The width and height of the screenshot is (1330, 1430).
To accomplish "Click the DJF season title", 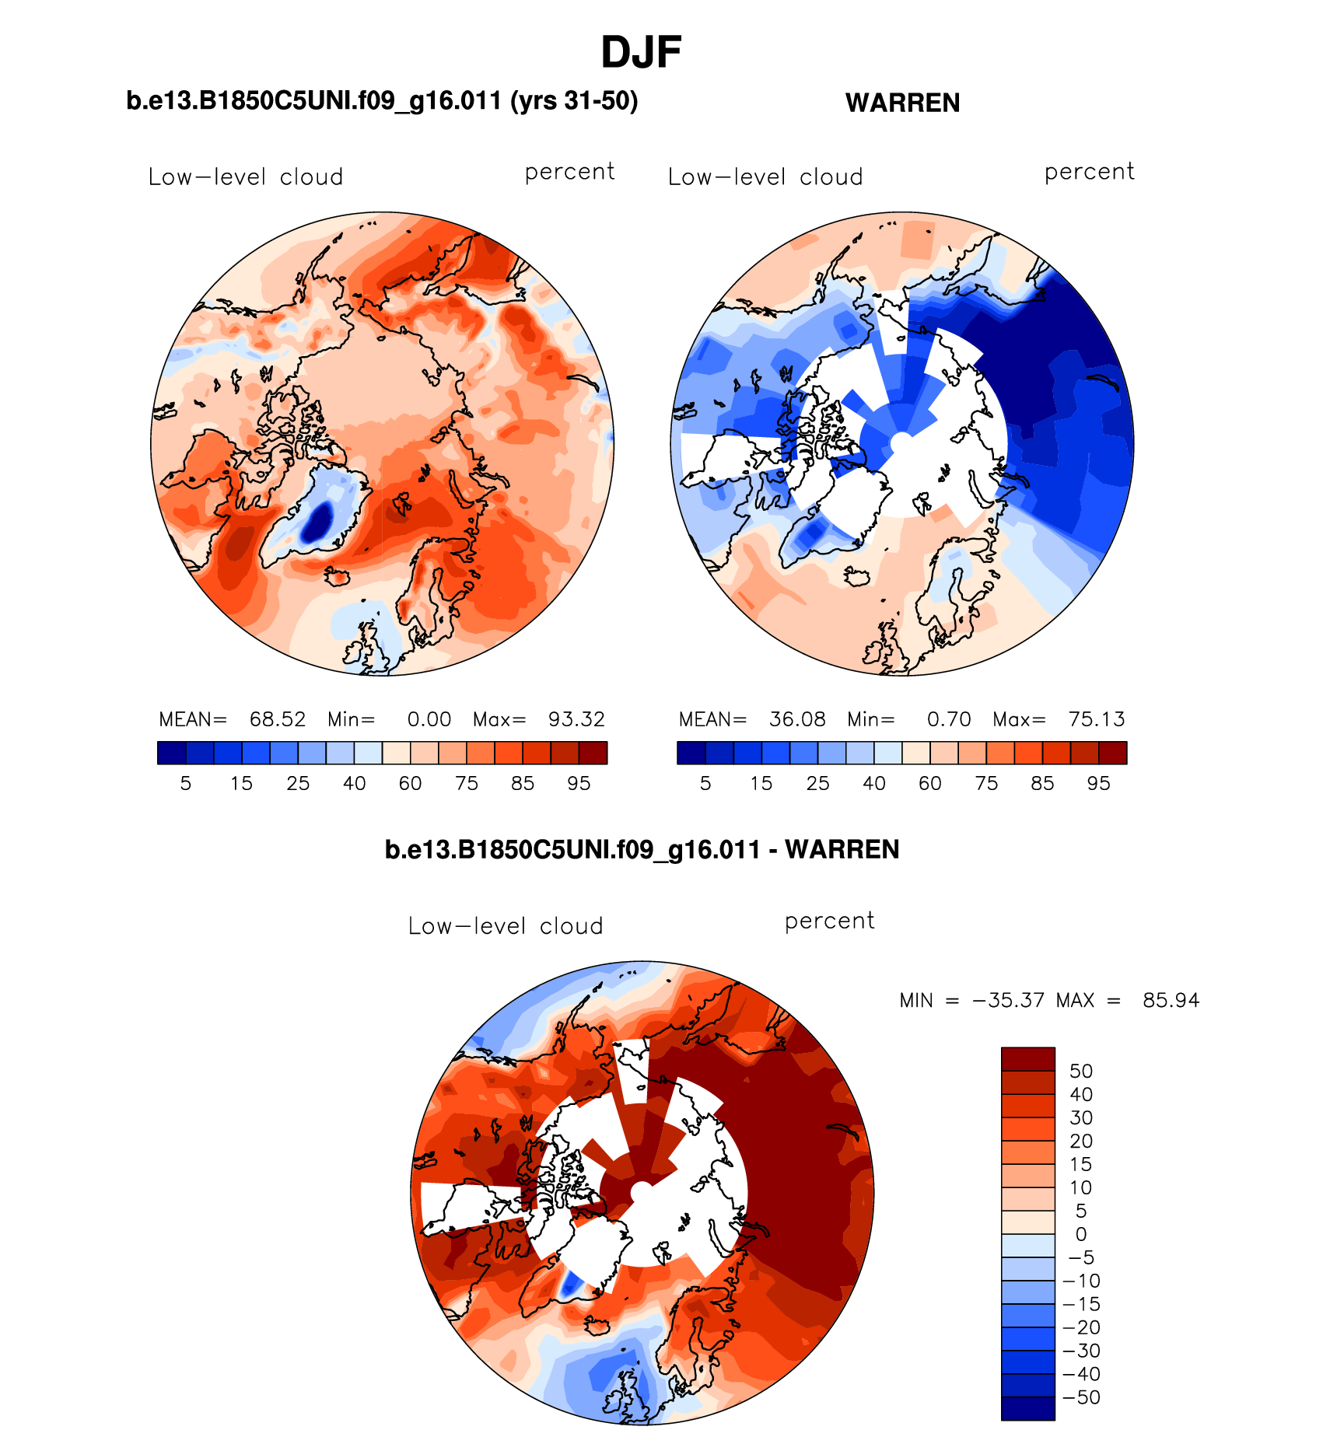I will pyautogui.click(x=641, y=53).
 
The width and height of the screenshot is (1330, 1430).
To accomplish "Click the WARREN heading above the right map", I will pyautogui.click(x=902, y=103).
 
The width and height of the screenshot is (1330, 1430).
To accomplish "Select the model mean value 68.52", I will pyautogui.click(x=277, y=719).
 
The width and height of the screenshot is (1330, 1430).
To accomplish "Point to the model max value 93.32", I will pyautogui.click(x=576, y=719).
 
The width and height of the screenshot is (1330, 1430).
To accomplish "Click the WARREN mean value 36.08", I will pyautogui.click(x=797, y=719).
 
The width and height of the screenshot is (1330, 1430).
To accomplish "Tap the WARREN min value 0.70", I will pyautogui.click(x=949, y=719).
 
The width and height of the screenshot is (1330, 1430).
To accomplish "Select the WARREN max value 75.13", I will pyautogui.click(x=1097, y=719).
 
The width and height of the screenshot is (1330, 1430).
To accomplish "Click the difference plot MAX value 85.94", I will pyautogui.click(x=1171, y=1000).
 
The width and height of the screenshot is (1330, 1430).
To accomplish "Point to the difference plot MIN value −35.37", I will pyautogui.click(x=1008, y=1000).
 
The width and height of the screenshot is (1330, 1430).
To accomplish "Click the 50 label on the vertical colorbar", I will pyautogui.click(x=1081, y=1071).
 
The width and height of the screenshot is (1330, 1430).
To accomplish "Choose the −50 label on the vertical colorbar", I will pyautogui.click(x=1081, y=1397).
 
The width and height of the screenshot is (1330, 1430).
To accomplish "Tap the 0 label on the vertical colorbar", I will pyautogui.click(x=1081, y=1234).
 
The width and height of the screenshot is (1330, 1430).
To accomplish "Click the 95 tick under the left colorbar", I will pyautogui.click(x=579, y=783).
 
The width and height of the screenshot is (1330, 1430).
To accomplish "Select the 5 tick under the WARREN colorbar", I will pyautogui.click(x=705, y=783).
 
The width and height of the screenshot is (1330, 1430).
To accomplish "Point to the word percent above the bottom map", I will pyautogui.click(x=829, y=921).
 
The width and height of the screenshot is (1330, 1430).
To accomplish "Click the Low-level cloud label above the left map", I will pyautogui.click(x=246, y=177).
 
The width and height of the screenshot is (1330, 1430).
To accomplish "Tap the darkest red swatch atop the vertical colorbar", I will pyautogui.click(x=1027, y=1059).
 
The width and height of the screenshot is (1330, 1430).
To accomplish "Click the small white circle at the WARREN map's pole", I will pyautogui.click(x=901, y=442).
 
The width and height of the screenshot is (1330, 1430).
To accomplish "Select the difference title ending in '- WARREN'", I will pyautogui.click(x=642, y=849).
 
